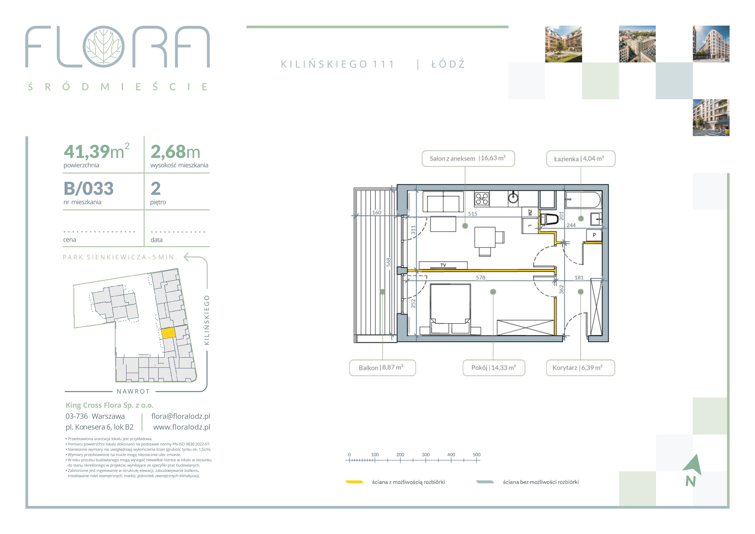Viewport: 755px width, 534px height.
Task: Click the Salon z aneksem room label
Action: [468, 158]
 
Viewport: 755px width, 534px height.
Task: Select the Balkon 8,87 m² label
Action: [382, 368]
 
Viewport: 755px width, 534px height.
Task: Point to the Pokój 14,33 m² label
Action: [494, 368]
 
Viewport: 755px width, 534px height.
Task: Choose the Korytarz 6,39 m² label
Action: [580, 368]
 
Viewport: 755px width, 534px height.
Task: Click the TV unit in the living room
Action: [443, 265]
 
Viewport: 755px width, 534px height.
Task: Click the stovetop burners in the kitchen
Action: [482, 199]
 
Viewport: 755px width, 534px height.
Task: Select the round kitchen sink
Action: [513, 198]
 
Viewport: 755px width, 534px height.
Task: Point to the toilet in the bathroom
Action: [549, 219]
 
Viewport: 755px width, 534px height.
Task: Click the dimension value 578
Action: [481, 278]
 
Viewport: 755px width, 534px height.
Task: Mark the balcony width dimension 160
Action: [377, 213]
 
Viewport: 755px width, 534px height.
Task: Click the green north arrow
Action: [693, 465]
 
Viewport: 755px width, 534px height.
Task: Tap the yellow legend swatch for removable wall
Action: [354, 482]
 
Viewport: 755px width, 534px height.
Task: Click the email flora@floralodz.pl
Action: [181, 416]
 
